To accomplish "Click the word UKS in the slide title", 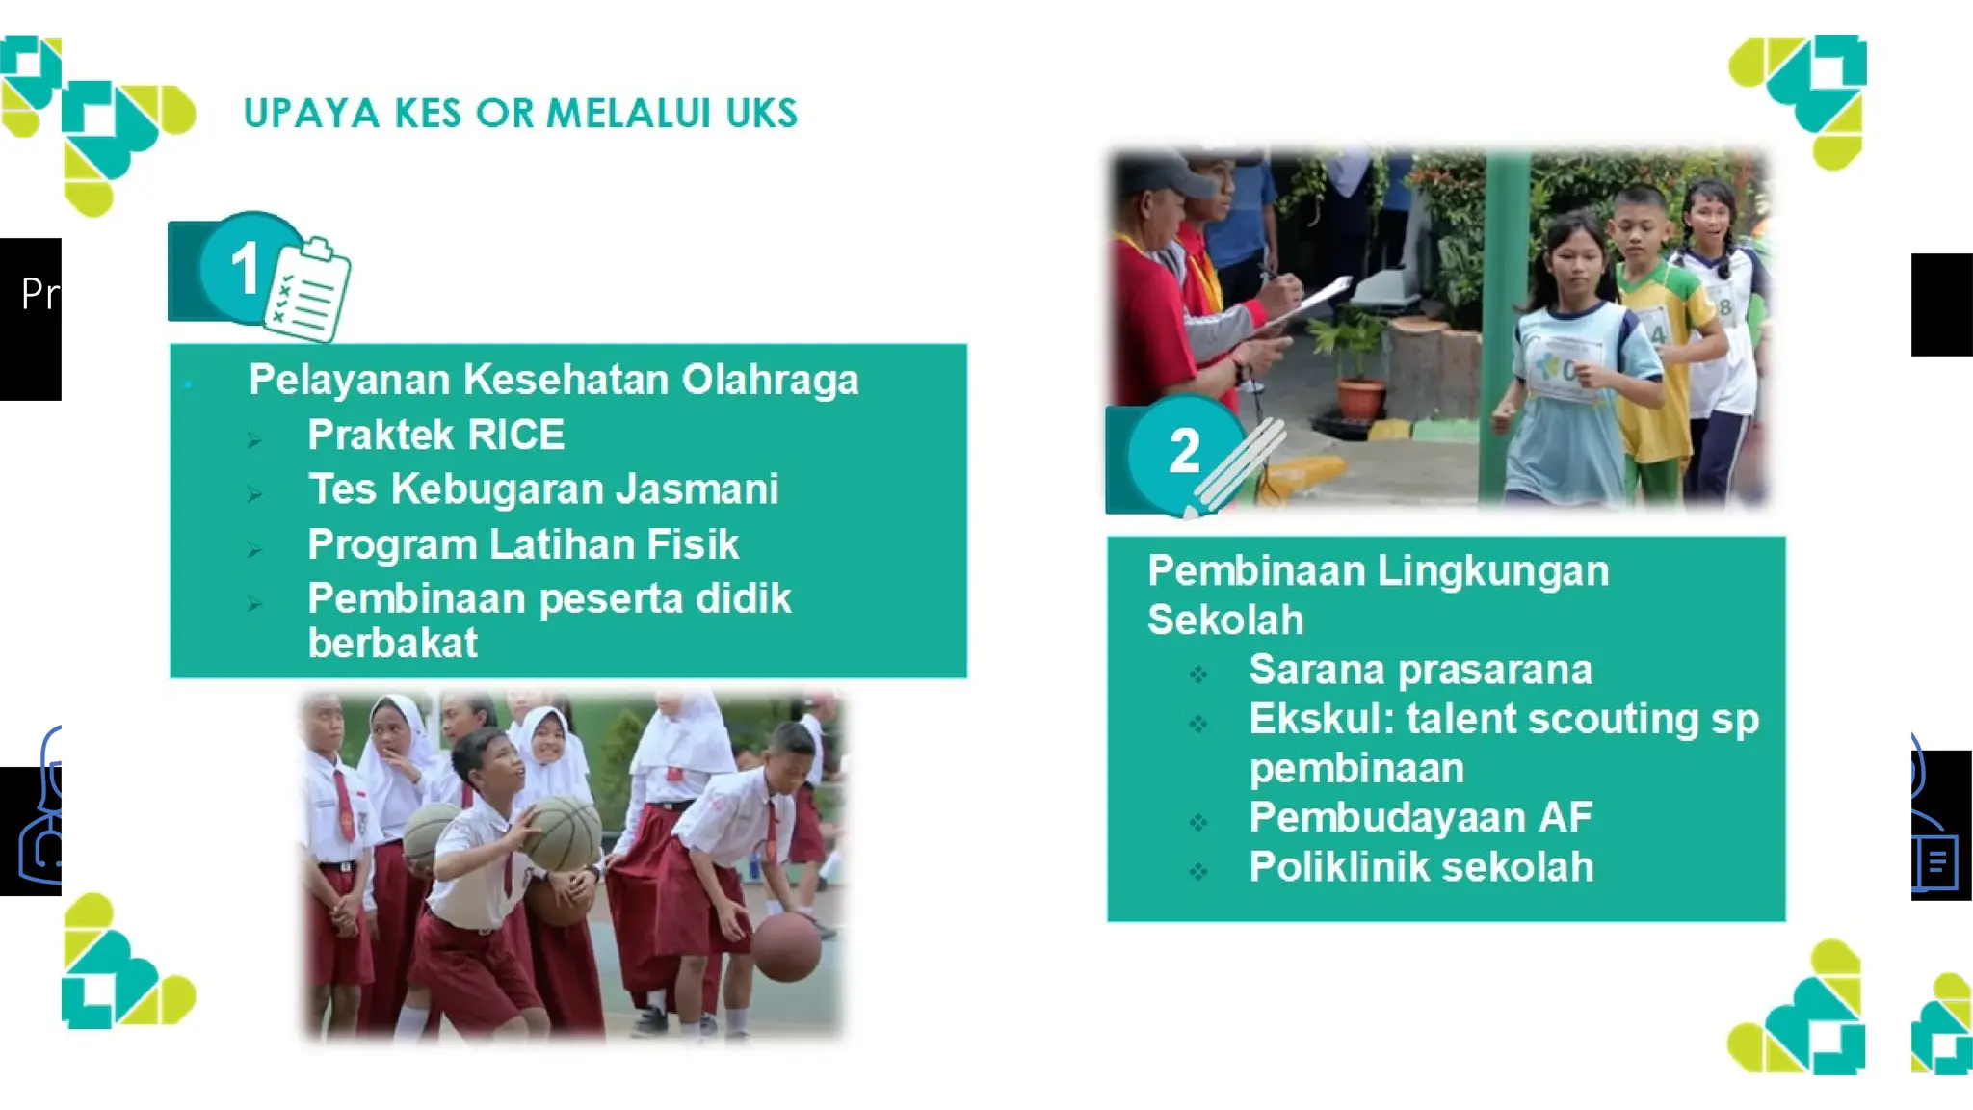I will (x=761, y=114).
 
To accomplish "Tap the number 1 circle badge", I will (x=247, y=267).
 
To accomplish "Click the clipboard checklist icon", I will (x=308, y=289).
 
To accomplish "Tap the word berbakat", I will (x=392, y=643).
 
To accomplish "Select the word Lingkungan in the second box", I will (x=1492, y=570).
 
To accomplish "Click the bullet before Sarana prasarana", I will (x=1197, y=674).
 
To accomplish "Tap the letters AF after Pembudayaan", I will (x=1565, y=817).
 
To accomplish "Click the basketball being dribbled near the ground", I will (x=786, y=947).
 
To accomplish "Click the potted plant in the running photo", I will (x=1359, y=371).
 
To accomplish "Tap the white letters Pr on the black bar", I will (x=39, y=293).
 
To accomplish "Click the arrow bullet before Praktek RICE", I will (x=254, y=440).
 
